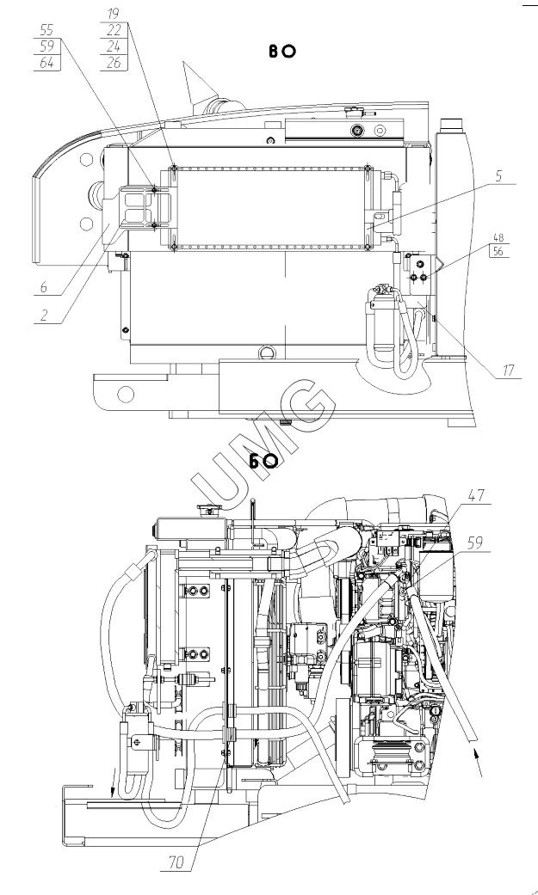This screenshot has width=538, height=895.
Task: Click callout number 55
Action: click(46, 30)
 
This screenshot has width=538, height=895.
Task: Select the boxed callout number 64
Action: click(46, 63)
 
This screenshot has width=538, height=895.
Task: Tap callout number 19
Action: click(114, 15)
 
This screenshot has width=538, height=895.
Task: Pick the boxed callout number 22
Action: click(114, 30)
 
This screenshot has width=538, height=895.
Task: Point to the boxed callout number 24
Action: click(114, 46)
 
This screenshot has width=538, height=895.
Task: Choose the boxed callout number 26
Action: click(114, 63)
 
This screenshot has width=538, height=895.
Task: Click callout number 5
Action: click(498, 175)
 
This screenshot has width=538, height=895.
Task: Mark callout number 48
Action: click(498, 237)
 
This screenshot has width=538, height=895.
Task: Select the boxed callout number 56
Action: click(498, 250)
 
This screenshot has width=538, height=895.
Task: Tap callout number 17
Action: click(509, 371)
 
